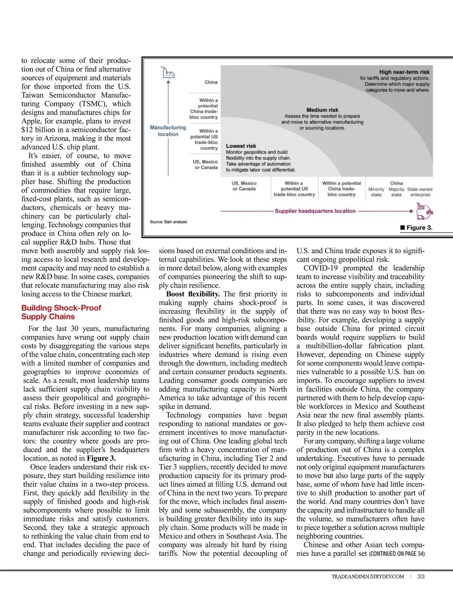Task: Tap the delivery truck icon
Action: click(x=424, y=211)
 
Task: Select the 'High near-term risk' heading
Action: click(x=404, y=72)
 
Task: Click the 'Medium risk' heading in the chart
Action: click(x=322, y=110)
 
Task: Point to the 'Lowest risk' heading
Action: click(x=241, y=146)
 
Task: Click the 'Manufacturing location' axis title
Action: click(x=168, y=131)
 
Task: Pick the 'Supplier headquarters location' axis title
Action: click(x=315, y=211)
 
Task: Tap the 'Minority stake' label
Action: click(x=376, y=192)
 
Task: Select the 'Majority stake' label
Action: click(x=396, y=192)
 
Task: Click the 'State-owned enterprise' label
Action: click(x=420, y=192)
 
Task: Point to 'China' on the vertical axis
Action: click(x=211, y=82)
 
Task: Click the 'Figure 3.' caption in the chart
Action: click(x=416, y=228)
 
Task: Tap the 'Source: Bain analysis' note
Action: click(x=168, y=222)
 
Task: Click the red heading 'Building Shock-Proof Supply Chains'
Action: click(x=61, y=312)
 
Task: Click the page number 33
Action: click(x=421, y=576)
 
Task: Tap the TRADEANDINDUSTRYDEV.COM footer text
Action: click(x=368, y=577)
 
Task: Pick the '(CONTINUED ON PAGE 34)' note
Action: click(x=397, y=554)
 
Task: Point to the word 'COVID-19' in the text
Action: click(x=320, y=268)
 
